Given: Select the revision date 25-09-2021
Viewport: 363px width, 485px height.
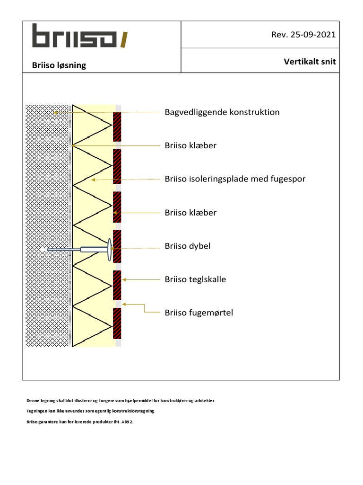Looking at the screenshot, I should click(303, 35).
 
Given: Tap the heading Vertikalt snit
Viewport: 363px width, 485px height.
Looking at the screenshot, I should click(310, 62).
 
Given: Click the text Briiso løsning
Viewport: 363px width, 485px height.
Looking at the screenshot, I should click(59, 65).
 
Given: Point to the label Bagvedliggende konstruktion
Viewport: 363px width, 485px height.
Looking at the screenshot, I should click(222, 112).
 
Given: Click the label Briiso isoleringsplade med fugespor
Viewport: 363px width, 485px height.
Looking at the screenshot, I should click(235, 179).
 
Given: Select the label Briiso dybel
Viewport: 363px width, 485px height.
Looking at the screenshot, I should click(188, 246).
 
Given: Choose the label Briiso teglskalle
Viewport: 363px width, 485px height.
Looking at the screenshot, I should click(195, 279).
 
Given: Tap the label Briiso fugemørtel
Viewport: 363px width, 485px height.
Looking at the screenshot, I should click(199, 313).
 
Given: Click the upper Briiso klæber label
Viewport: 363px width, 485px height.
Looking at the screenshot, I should click(190, 145).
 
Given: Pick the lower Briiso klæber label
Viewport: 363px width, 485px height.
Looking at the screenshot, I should click(190, 213).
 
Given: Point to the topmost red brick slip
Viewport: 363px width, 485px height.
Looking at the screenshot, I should click(117, 126).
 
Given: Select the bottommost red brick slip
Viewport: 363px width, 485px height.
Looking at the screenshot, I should click(117, 323).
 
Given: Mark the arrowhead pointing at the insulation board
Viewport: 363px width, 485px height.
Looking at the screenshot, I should click(93, 180).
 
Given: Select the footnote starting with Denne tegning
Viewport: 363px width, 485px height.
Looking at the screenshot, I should click(121, 400).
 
